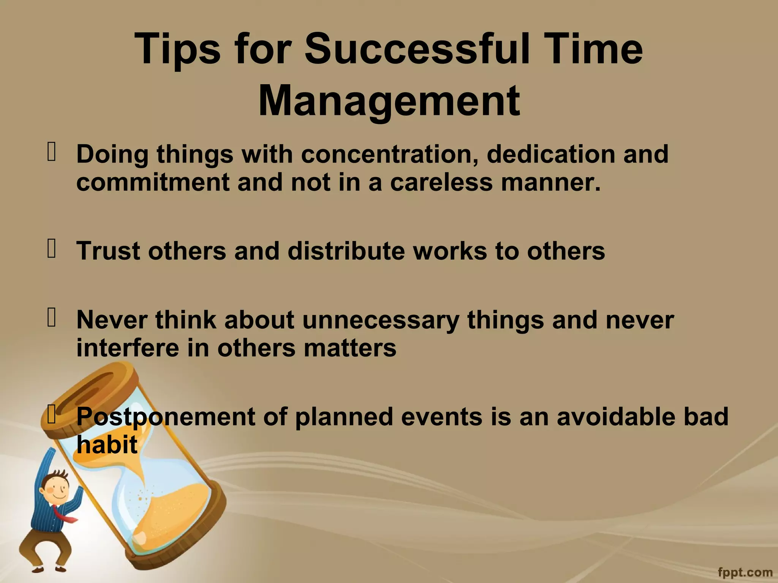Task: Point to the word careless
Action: (441, 182)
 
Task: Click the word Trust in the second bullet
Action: (108, 251)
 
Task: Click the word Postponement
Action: (166, 417)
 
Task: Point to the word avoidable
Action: (616, 417)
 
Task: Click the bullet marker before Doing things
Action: (51, 151)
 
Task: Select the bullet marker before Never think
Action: (51, 317)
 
